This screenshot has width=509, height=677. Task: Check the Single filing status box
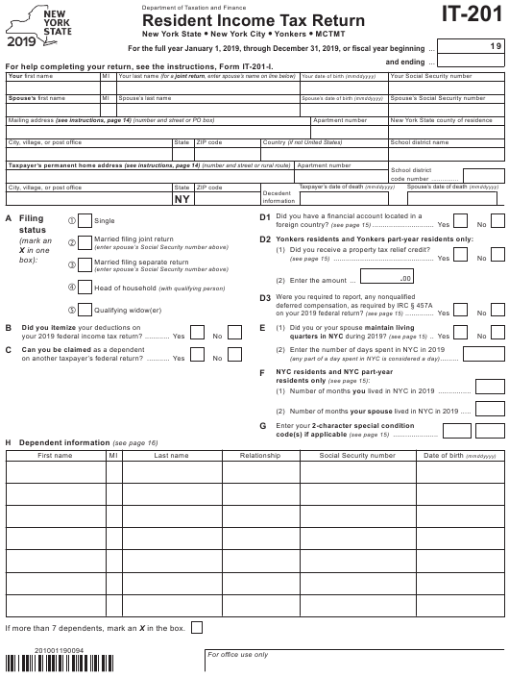coord(85,220)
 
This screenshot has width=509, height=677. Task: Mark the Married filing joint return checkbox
coord(85,242)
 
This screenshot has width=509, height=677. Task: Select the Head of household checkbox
coord(85,288)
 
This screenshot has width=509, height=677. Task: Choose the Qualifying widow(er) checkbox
coord(85,310)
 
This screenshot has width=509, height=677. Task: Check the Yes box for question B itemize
coord(197,334)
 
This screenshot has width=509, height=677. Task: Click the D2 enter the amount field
coord(388,279)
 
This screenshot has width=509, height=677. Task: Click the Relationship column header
coord(260,456)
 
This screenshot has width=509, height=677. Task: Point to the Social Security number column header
coord(357,456)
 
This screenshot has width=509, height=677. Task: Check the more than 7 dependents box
coord(197,627)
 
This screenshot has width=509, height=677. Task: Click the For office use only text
coord(236,655)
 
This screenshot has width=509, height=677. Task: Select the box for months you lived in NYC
coord(490,387)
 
